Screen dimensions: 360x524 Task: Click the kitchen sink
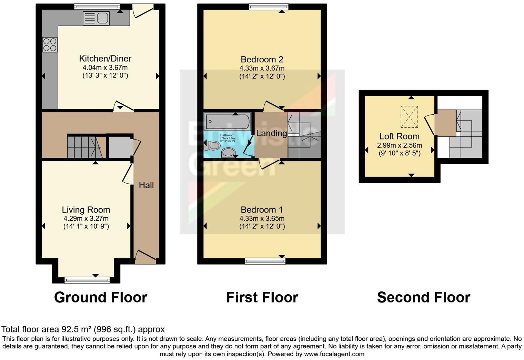click(x=96, y=18)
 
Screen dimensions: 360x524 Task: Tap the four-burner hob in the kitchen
click(x=50, y=45)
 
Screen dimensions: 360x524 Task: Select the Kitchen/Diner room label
click(x=105, y=59)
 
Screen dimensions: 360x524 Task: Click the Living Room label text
click(x=86, y=210)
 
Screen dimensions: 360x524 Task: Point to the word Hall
click(x=146, y=185)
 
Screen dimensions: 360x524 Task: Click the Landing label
click(x=271, y=133)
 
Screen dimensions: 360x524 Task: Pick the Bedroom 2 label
click(x=262, y=59)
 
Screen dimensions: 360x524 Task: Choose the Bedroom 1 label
click(x=262, y=210)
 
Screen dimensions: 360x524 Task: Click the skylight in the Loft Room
click(x=409, y=116)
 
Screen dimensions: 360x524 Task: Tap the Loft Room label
click(x=399, y=136)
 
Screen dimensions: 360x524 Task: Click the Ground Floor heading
click(x=100, y=297)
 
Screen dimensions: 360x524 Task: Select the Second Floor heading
click(x=423, y=297)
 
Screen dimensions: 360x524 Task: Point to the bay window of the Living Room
click(x=87, y=280)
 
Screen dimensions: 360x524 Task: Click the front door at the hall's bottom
click(x=145, y=257)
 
